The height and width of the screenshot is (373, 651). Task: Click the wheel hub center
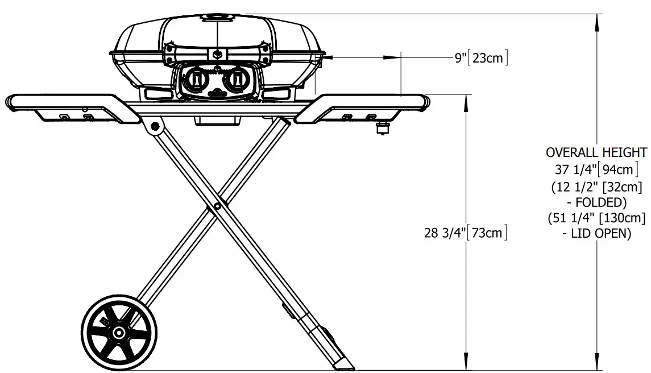tap(119, 332)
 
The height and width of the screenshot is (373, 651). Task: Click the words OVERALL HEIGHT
tap(596, 152)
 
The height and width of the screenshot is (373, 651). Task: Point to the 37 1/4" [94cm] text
tap(596, 169)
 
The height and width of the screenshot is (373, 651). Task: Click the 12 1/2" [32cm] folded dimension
tap(596, 186)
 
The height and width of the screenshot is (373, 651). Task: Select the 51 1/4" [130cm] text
tap(596, 218)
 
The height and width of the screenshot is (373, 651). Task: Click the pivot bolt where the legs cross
tap(218, 206)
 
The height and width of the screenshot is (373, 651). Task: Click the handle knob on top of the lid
tap(217, 16)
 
